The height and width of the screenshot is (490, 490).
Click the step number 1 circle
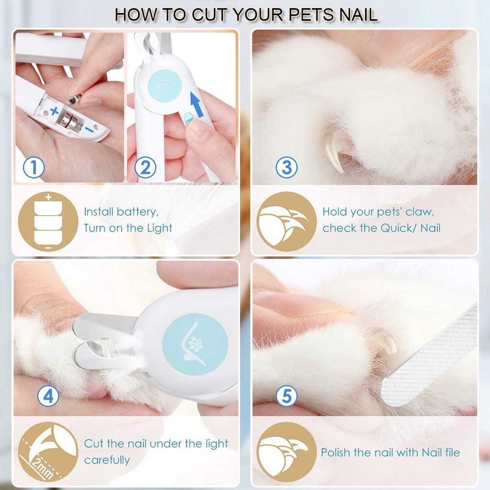coord(34,168)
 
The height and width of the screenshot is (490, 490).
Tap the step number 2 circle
coord(145,168)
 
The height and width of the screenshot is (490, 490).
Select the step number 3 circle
coord(287,167)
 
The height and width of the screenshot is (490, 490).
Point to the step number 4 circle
coord(48,396)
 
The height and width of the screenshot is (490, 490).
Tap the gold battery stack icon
coord(48,222)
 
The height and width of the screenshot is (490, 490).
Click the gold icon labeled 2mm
coord(48,452)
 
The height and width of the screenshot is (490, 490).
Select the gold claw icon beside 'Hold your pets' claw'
coord(286,222)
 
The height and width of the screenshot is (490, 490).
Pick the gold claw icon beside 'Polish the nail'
coord(286,452)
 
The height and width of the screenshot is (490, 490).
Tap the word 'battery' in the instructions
coord(136,212)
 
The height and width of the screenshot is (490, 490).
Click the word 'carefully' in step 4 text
coord(107,460)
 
